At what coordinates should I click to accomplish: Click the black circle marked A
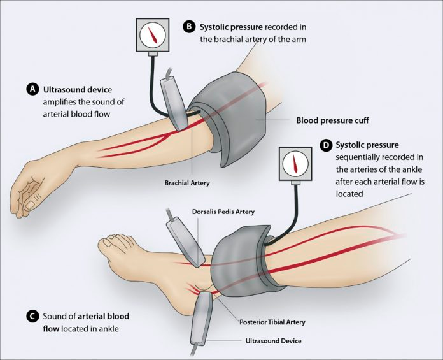coord(32,89)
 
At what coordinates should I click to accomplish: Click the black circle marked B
coord(189,27)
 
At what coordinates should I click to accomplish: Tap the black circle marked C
coord(32,316)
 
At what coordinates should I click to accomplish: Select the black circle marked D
coord(325,145)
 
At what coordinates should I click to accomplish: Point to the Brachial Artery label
coord(187,183)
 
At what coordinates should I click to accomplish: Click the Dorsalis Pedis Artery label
coord(223,212)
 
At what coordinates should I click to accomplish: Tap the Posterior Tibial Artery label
coord(272,322)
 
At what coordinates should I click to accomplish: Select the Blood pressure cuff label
coord(332,120)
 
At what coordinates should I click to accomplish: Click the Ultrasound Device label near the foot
coord(273,341)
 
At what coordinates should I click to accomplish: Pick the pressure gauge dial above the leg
coord(295,164)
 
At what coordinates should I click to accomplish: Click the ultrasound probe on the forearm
coord(174,104)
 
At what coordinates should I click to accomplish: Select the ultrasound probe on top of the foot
coord(186,241)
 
